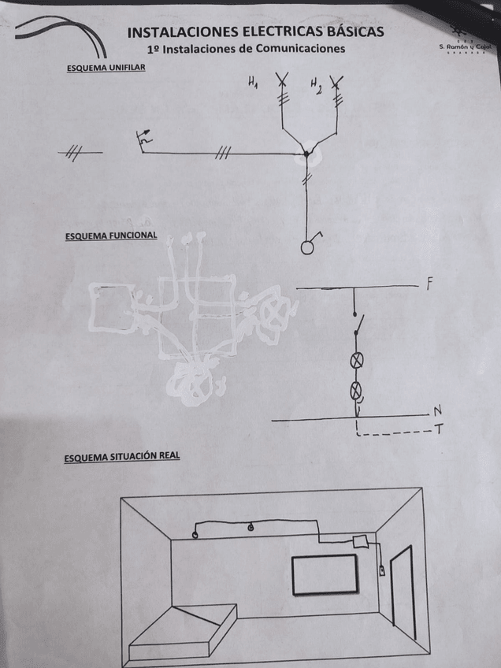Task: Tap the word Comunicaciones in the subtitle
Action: (295, 49)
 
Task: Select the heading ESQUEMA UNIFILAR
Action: (106, 69)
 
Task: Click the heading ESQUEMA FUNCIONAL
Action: (110, 235)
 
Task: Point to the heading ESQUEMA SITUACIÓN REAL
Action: (121, 456)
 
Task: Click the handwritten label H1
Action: (252, 83)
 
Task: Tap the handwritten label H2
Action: (315, 83)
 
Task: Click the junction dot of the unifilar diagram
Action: (308, 153)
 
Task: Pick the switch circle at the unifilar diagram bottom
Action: (307, 247)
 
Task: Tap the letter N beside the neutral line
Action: (436, 412)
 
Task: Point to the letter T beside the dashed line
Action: (436, 430)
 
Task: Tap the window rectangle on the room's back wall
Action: (325, 575)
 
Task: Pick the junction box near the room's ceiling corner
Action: (361, 541)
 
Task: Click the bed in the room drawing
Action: (185, 630)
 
